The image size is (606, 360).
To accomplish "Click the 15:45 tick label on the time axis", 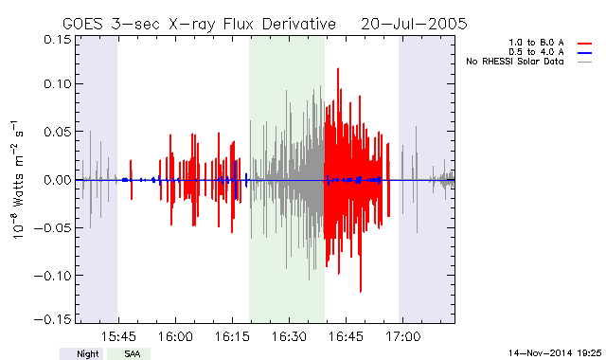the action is [118, 336].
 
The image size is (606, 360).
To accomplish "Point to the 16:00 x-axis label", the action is [175, 336].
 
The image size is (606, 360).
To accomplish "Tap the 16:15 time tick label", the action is [232, 336].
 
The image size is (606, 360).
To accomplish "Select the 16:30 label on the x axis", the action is [289, 336].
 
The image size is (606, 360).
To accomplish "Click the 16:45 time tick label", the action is [346, 336].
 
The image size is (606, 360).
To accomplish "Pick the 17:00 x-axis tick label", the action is [402, 336].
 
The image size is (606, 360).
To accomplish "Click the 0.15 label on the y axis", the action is [58, 40].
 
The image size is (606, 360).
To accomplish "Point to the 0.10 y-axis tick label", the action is [58, 84].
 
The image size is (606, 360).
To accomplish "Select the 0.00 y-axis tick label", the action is [58, 180].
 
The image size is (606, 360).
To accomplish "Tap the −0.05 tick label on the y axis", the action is [53, 228].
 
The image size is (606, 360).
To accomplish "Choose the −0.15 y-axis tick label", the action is [53, 319].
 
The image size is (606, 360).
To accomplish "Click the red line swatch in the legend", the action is [585, 44].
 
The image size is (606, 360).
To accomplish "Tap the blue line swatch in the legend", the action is [585, 53].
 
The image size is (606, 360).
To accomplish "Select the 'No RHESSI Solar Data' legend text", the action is [515, 62].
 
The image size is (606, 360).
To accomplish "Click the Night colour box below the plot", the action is [81, 353].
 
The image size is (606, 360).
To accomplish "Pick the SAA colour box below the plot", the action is [129, 353].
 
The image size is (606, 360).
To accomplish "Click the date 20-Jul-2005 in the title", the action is [414, 24].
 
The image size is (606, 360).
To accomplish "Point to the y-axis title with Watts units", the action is [17, 180].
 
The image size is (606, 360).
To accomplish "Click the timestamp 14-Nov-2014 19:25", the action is [555, 352].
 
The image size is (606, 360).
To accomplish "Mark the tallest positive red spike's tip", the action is [338, 68].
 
